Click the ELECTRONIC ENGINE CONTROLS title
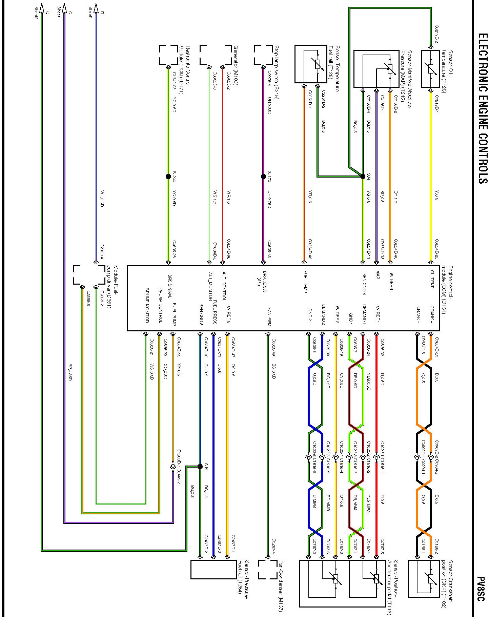(482, 108)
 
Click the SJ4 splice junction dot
(363, 176)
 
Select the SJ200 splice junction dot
(168, 177)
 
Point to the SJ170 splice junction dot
(263, 177)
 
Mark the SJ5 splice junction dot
(200, 467)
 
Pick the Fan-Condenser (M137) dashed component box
(268, 570)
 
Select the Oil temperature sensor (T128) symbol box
(431, 69)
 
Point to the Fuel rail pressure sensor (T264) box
(213, 570)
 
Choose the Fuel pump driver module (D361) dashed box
(89, 274)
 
